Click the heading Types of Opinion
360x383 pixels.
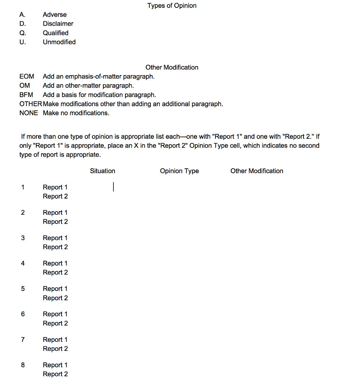tap(172, 6)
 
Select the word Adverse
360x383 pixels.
tap(55, 15)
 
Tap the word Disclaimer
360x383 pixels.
tap(58, 24)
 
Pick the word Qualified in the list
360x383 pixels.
tap(55, 33)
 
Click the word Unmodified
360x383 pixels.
tap(59, 42)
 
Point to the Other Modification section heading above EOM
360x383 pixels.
tap(172, 67)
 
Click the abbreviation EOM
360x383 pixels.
tap(27, 76)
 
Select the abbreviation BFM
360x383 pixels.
tap(26, 95)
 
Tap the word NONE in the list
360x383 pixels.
tap(28, 113)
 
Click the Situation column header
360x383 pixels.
tap(103, 171)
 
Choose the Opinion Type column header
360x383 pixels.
tap(179, 171)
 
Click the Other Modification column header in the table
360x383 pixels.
tap(257, 171)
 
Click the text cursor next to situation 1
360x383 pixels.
tap(113, 186)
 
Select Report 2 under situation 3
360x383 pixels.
tap(55, 247)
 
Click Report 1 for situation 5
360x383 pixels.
tap(55, 289)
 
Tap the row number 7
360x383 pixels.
tap(23, 340)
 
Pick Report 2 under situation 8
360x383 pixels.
tap(55, 374)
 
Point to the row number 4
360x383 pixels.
tap(23, 263)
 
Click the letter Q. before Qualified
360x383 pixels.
tap(23, 33)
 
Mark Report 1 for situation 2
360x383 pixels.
tap(55, 212)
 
